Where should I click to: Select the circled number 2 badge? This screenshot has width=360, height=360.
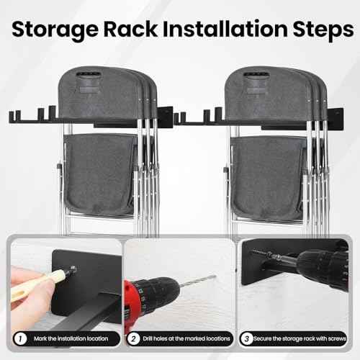click(134, 336)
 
